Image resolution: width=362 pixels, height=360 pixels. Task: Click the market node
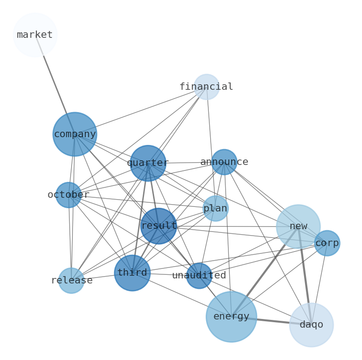[x=35, y=35]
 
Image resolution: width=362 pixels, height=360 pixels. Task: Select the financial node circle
[x=207, y=87]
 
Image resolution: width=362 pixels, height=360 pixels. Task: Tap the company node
[x=75, y=134]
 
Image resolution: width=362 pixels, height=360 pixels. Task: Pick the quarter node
[x=148, y=163]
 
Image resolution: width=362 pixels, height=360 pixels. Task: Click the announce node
[x=224, y=162]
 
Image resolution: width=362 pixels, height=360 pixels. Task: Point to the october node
[x=68, y=195]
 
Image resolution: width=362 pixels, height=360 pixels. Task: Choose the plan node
[x=215, y=208]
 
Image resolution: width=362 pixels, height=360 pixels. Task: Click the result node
[x=159, y=226]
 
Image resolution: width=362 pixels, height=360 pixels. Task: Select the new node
[x=298, y=226]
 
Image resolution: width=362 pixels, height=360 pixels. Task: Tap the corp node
[x=327, y=243]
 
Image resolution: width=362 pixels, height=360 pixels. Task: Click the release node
[x=71, y=280]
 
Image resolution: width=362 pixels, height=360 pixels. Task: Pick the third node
[x=132, y=273]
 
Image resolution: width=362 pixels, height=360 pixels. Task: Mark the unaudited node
[x=199, y=276]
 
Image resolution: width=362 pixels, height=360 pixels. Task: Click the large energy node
[x=231, y=317]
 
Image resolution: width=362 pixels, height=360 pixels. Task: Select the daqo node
[x=311, y=325]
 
